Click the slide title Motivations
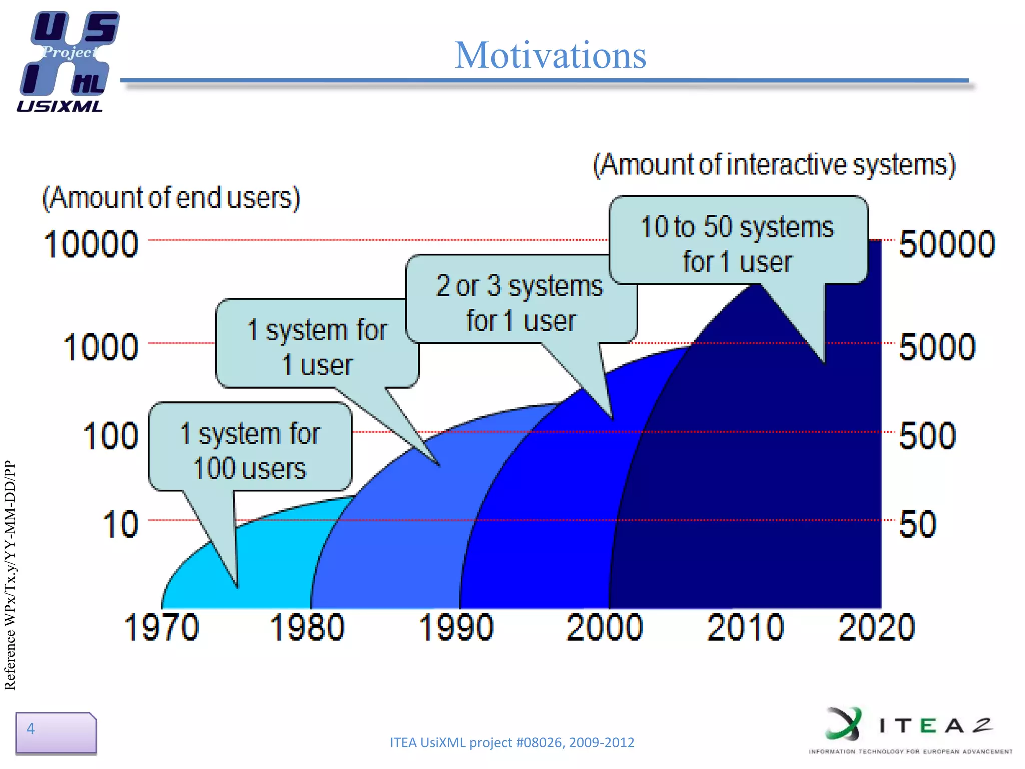[x=550, y=55]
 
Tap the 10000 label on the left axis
[x=91, y=244]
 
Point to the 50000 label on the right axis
[x=947, y=244]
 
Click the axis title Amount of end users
[x=171, y=198]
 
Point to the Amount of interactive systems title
[x=774, y=165]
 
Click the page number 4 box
[x=55, y=732]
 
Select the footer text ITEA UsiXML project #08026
[x=511, y=742]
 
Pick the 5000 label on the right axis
[x=937, y=347]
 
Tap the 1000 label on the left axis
[x=101, y=347]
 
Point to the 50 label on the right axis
[x=917, y=524]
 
